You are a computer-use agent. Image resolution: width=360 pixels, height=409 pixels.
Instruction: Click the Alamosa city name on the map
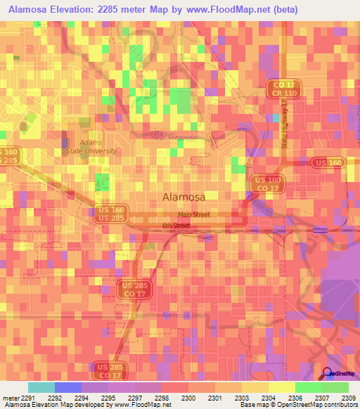pos(184,197)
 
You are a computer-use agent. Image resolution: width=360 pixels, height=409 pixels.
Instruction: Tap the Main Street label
pos(194,215)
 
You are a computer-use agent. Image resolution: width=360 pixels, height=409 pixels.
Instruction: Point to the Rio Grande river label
pos(175,136)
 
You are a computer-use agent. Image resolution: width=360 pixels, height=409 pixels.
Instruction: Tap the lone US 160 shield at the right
pos(328,163)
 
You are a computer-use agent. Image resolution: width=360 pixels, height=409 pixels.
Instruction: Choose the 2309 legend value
pos(348,397)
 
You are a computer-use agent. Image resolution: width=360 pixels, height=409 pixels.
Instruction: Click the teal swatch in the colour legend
pos(41,387)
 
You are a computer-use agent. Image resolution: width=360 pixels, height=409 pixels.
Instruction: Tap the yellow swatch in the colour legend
pos(281,387)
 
